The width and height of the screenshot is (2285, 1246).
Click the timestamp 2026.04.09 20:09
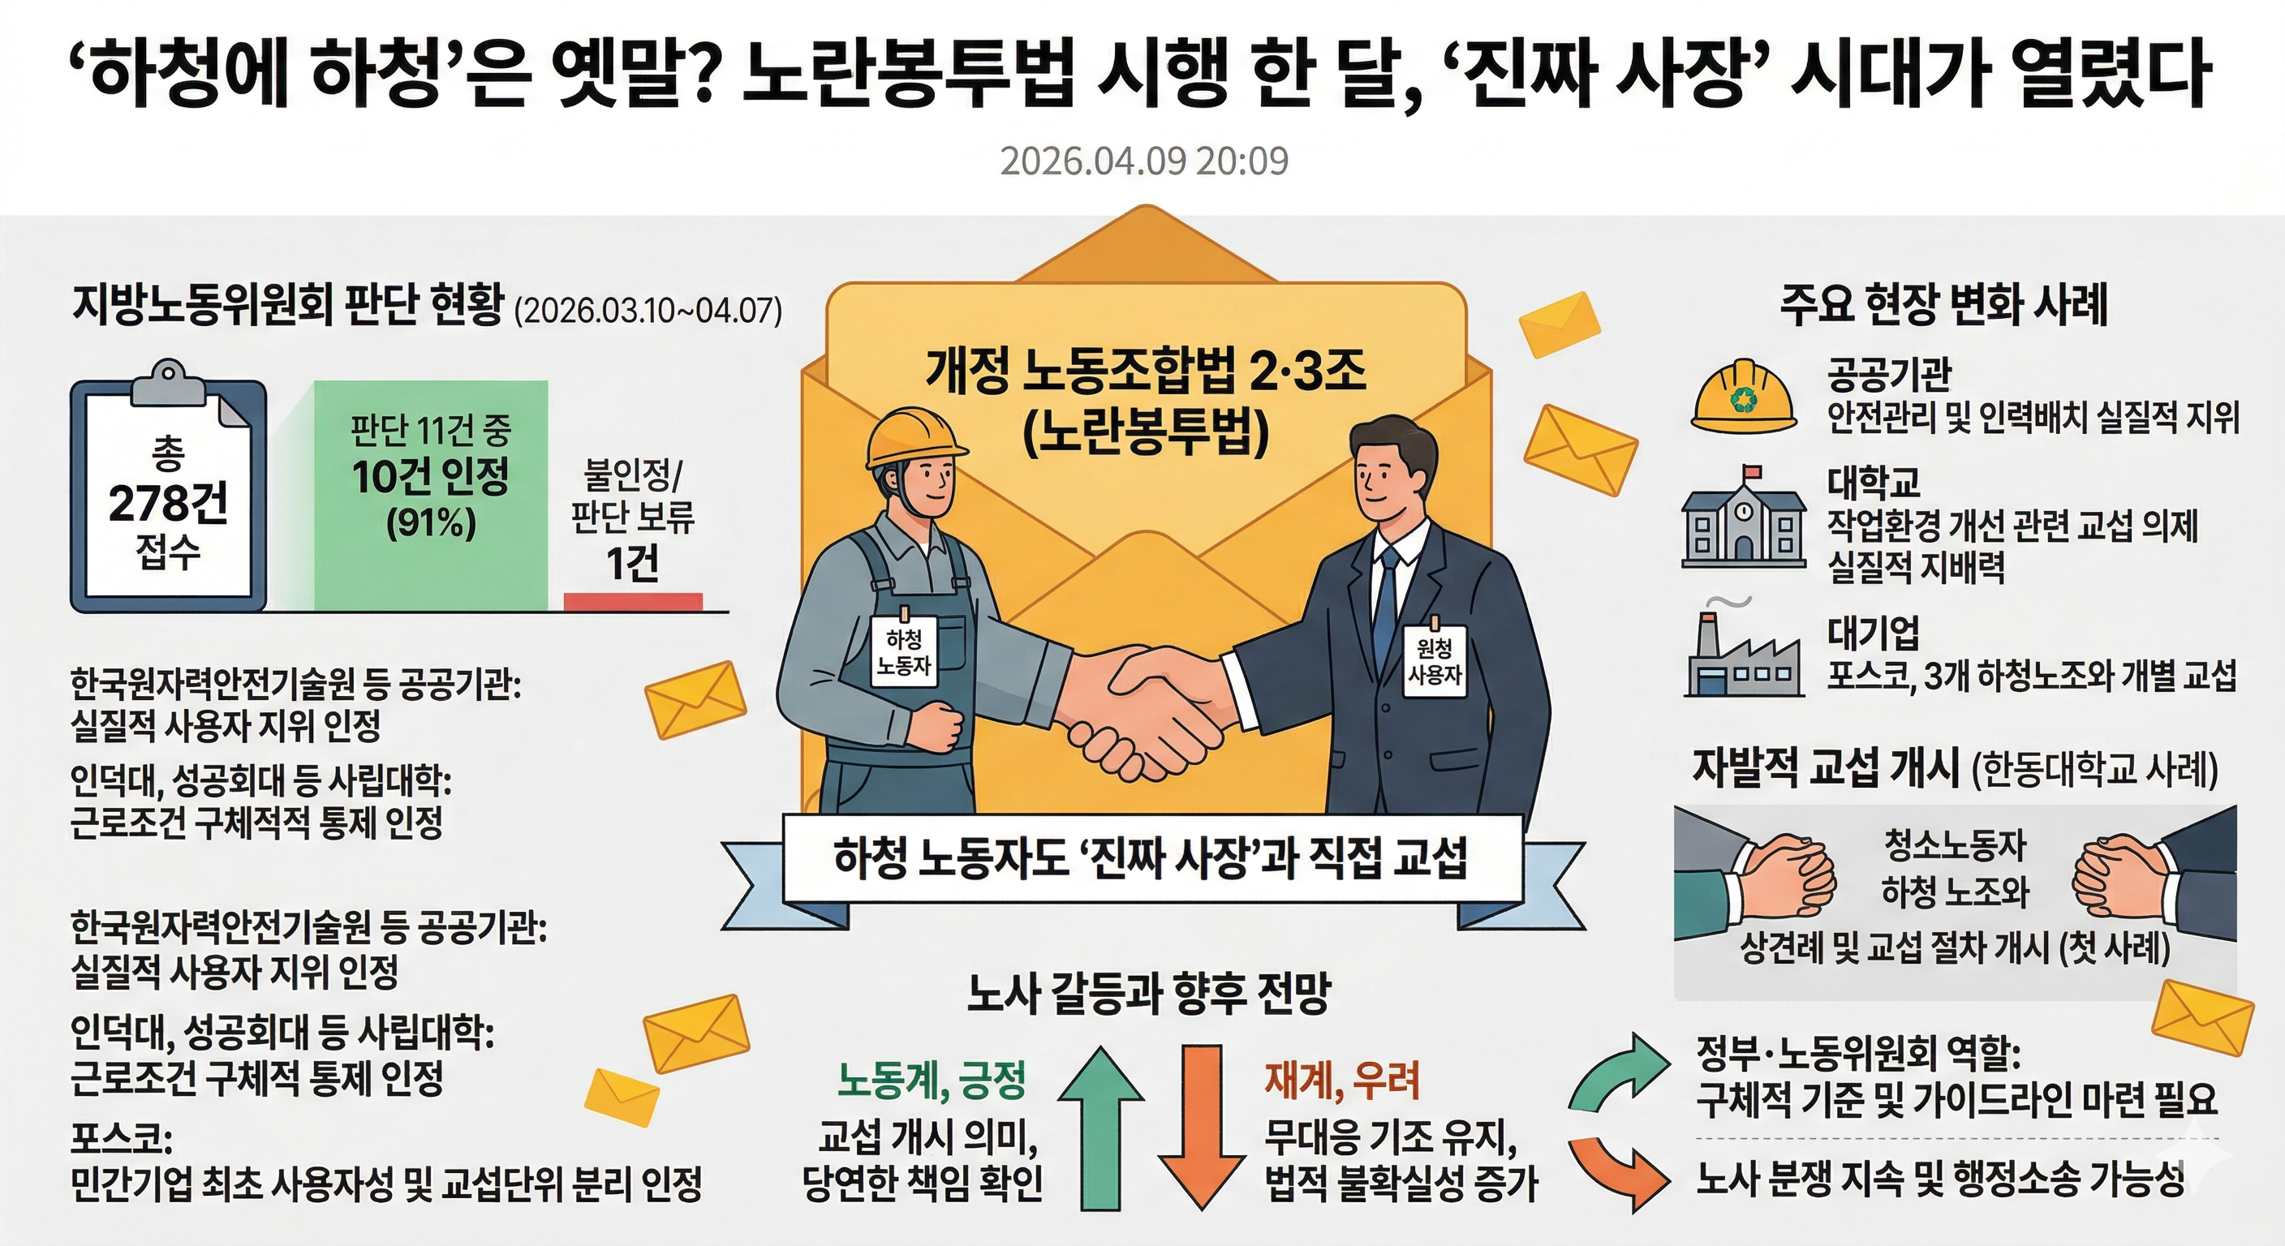point(1143,161)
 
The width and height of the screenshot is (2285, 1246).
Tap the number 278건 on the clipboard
point(168,502)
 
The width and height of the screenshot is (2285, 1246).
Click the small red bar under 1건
point(632,602)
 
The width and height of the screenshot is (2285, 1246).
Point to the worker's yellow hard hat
point(914,438)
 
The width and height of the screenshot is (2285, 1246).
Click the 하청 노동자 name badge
point(904,652)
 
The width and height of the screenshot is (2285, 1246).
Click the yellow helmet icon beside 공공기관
point(1743,397)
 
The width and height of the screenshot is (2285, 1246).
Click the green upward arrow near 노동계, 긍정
point(1101,1126)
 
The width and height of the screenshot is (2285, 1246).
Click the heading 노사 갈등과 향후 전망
point(1149,993)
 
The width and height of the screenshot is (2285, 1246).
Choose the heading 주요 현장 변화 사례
point(1943,305)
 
